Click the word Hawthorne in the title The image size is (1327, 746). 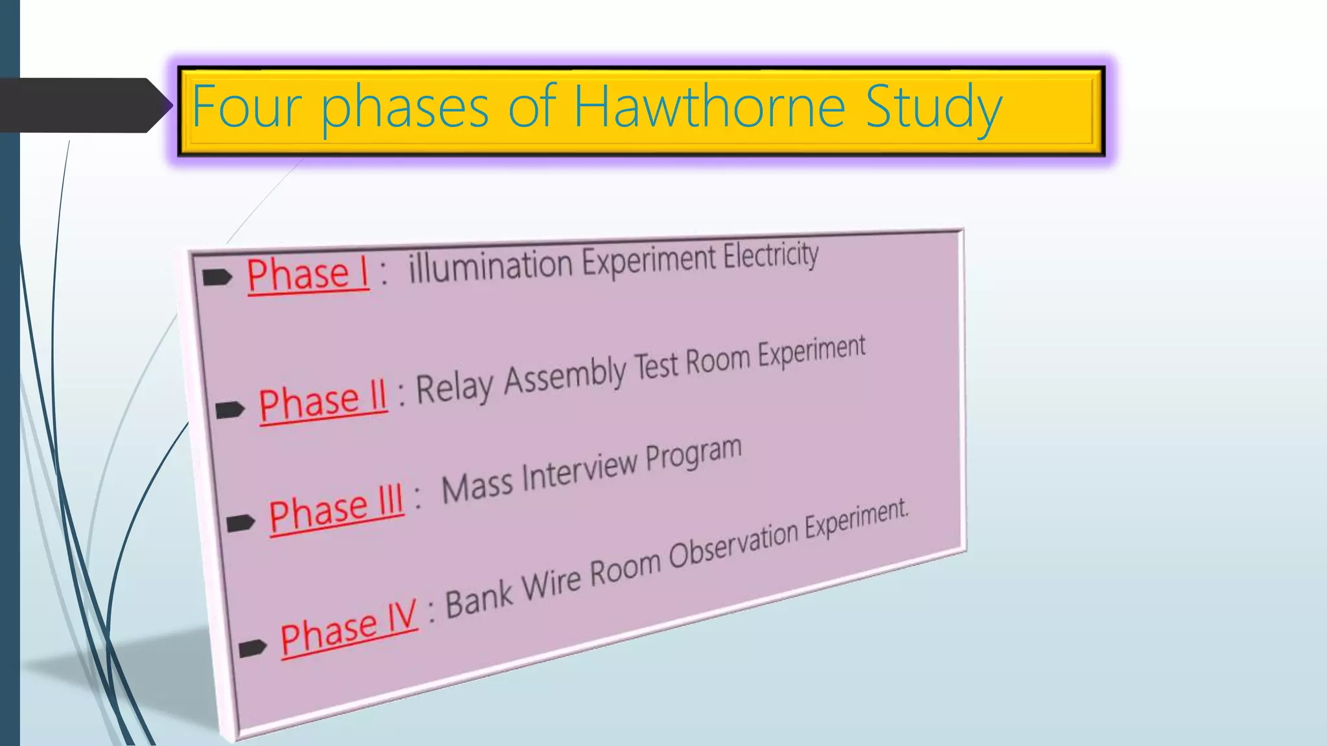coord(710,107)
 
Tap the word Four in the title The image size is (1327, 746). coord(246,107)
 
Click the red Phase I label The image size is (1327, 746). coord(308,275)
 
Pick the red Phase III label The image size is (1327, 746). coord(336,509)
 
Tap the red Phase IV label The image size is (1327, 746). coord(349,628)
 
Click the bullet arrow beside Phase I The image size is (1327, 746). coord(216,278)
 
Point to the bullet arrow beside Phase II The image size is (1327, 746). coord(229,410)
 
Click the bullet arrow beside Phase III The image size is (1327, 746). coord(240,522)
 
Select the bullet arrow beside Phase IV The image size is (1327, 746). coord(252,647)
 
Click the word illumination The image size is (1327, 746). coord(490,266)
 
